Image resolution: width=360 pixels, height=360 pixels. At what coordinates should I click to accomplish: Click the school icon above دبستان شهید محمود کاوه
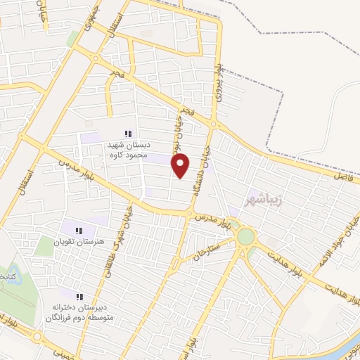[128, 133]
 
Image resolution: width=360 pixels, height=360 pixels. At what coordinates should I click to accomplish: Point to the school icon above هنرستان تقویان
[79, 230]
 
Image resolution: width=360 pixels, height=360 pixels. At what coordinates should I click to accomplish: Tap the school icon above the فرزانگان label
[79, 297]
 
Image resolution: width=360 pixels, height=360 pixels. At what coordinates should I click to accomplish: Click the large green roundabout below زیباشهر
[245, 237]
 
